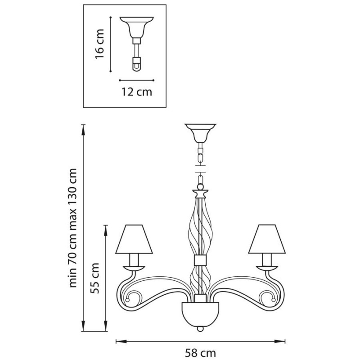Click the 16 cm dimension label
pos(99,44)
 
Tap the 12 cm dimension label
pos(137,92)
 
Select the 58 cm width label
pos(200,352)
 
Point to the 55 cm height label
pos(95,278)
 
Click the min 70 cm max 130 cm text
pos(73,228)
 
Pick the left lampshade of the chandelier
pos(134,239)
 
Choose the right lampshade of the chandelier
pos(267,239)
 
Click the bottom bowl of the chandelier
pos(200,313)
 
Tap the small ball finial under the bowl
pos(200,329)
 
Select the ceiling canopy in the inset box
pos(137,27)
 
